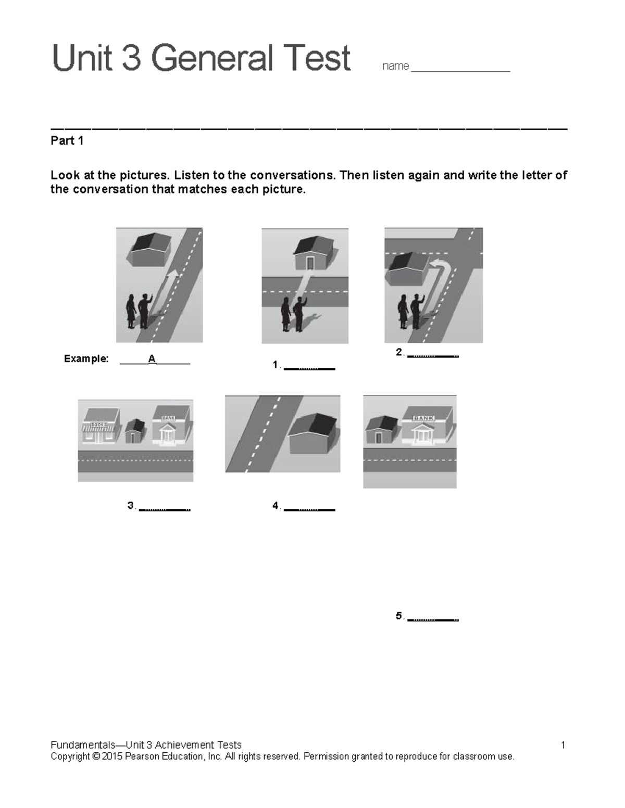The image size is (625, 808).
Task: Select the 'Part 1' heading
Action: pyautogui.click(x=67, y=141)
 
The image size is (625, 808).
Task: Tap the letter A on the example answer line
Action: pyautogui.click(x=152, y=358)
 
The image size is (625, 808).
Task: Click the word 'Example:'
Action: pyautogui.click(x=86, y=358)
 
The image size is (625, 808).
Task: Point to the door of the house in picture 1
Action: pyautogui.click(x=310, y=263)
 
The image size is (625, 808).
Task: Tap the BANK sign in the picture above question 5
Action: pyautogui.click(x=423, y=418)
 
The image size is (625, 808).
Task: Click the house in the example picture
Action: pyautogui.click(x=150, y=248)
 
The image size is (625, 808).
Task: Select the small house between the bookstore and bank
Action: pyautogui.click(x=135, y=431)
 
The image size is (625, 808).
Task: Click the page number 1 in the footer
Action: pyautogui.click(x=563, y=745)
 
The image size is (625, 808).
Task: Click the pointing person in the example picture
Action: pyautogui.click(x=144, y=311)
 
